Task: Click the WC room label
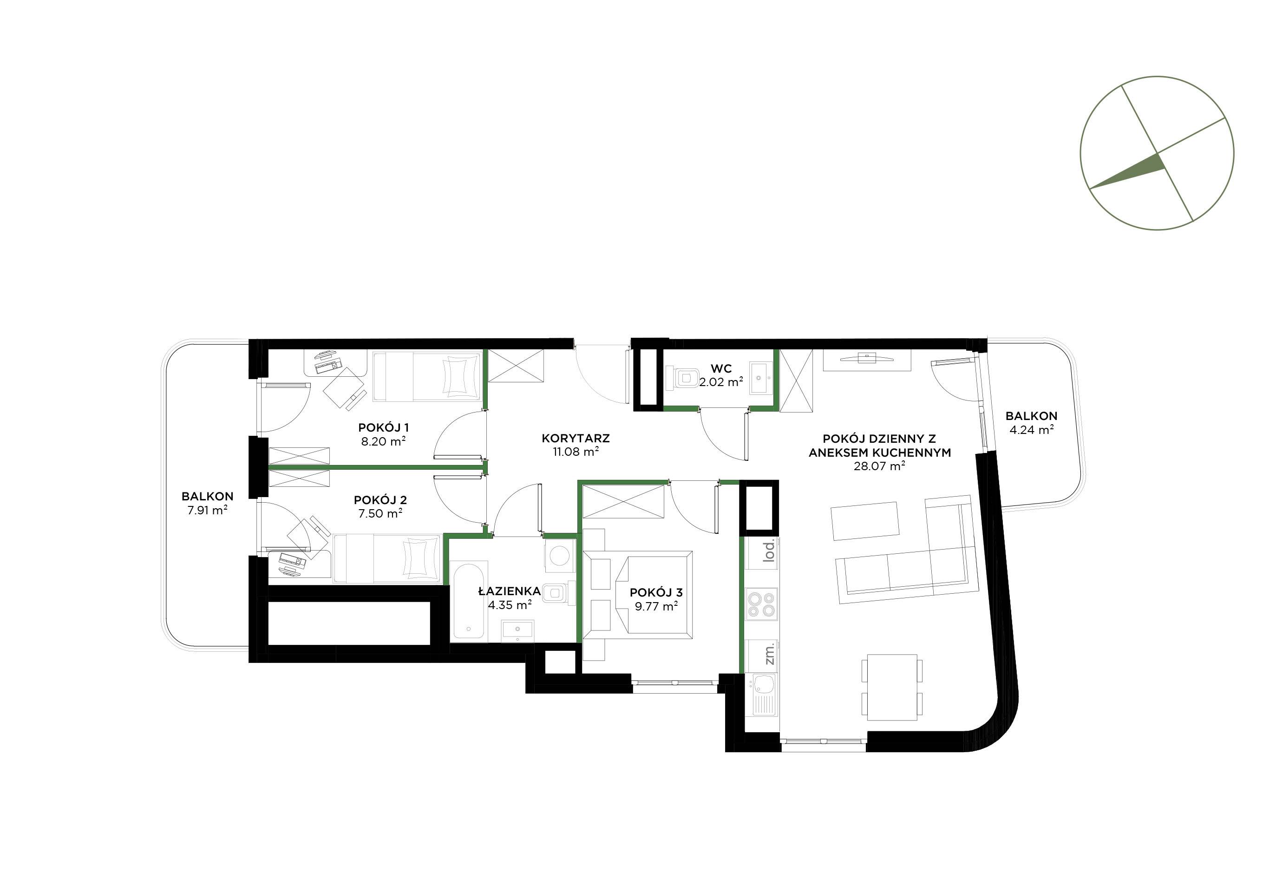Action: pos(721,368)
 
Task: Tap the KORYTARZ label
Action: pos(576,439)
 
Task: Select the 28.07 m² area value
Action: pos(879,466)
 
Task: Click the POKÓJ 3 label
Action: pos(656,592)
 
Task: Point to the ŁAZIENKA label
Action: pos(510,591)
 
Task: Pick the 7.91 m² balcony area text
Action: pos(207,510)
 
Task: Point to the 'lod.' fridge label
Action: pos(769,552)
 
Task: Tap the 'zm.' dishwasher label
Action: pos(769,655)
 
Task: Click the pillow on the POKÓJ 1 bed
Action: pos(462,376)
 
